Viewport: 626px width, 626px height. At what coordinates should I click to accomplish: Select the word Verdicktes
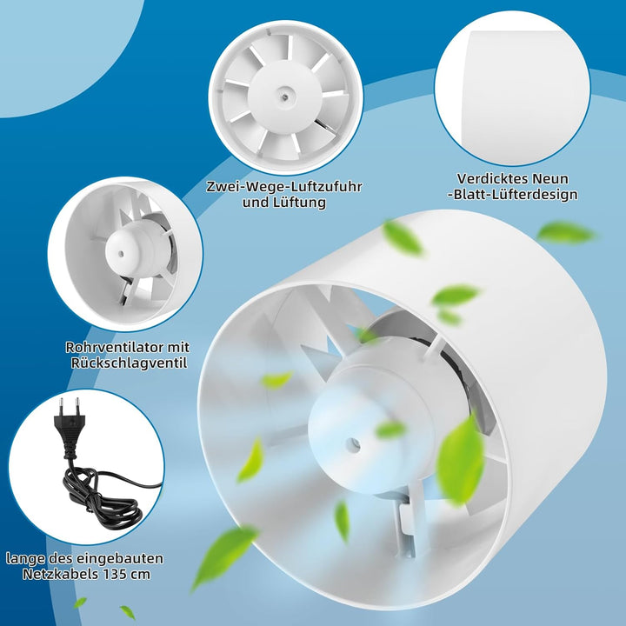click(x=492, y=178)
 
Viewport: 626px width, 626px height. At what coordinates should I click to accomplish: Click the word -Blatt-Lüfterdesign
click(x=513, y=195)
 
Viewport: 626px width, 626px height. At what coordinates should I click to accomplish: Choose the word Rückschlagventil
click(x=129, y=363)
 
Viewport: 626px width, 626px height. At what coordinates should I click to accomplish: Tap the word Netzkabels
click(x=60, y=574)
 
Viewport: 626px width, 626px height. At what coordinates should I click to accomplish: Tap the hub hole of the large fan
click(x=353, y=443)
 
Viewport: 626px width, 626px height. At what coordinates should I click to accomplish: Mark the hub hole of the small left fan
click(x=121, y=253)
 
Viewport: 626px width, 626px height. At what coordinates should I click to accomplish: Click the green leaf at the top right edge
click(x=566, y=233)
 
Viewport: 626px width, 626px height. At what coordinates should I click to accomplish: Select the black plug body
click(x=69, y=432)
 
